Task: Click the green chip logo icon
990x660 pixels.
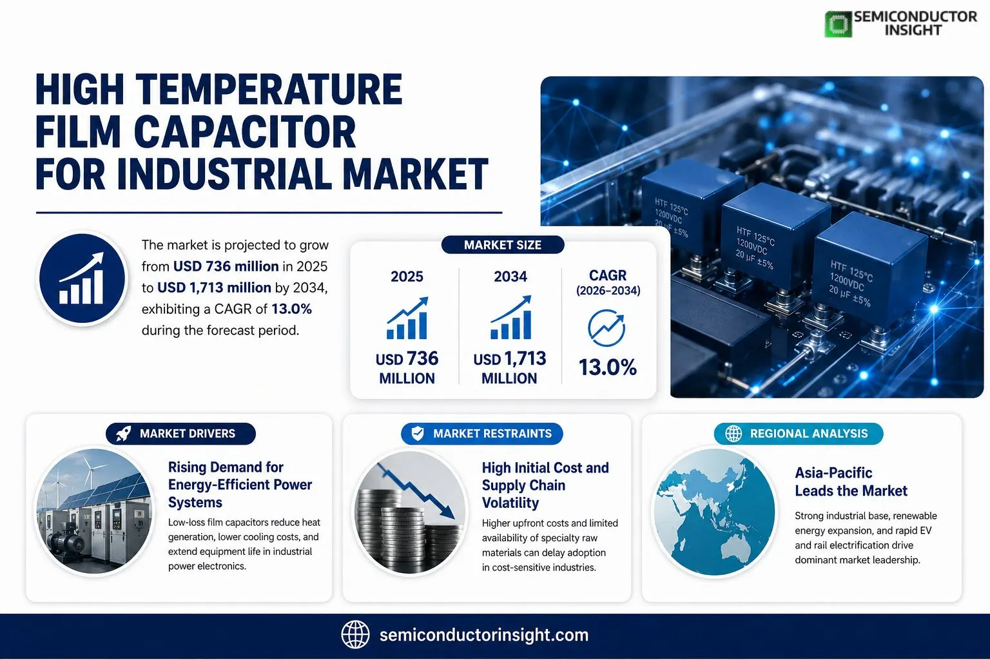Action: click(838, 24)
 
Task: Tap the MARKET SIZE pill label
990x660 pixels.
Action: click(503, 245)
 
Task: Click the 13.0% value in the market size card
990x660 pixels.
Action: click(608, 367)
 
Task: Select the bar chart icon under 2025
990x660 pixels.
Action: click(407, 318)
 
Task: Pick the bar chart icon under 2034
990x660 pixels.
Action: click(510, 317)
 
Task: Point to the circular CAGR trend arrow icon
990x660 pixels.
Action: click(607, 328)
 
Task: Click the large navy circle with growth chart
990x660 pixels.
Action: click(82, 278)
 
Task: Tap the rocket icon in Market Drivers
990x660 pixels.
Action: click(123, 434)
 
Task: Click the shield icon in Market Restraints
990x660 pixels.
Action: click(418, 434)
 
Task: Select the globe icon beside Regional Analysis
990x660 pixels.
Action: click(733, 434)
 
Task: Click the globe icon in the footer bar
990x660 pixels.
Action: click(355, 635)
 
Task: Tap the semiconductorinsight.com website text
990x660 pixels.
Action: click(484, 636)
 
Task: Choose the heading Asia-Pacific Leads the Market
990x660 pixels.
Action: click(851, 482)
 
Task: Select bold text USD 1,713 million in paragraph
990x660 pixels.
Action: click(215, 287)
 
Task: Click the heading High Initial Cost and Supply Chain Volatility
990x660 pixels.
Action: click(545, 485)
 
